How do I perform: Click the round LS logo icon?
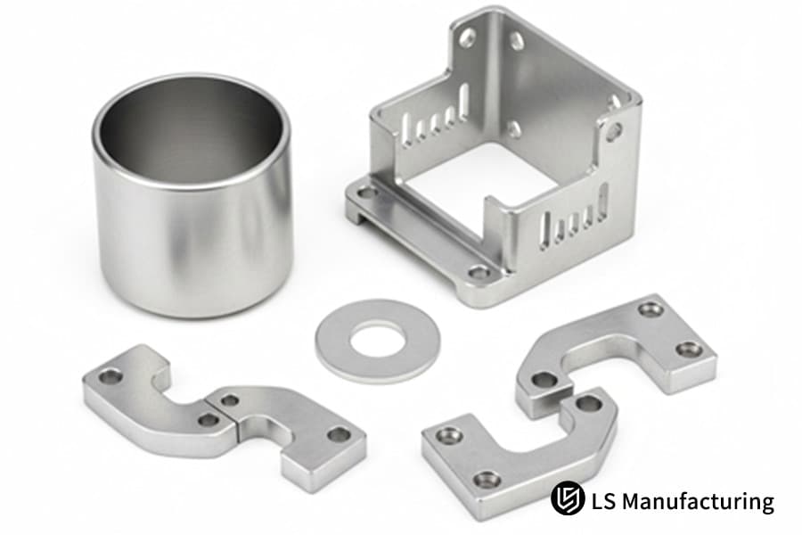(568, 498)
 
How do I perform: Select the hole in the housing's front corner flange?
(479, 273)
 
